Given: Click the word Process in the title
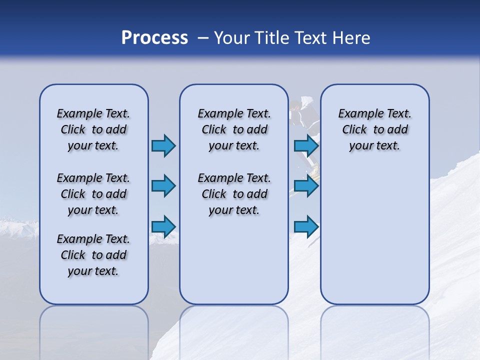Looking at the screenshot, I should pyautogui.click(x=154, y=38).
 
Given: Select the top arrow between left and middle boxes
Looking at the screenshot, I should pyautogui.click(x=163, y=145).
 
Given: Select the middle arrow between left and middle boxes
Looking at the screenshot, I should pyautogui.click(x=163, y=186).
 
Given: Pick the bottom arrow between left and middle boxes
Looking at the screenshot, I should pyautogui.click(x=163, y=227).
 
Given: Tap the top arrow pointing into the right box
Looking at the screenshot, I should pyautogui.click(x=306, y=145).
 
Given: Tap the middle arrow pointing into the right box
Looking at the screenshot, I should pyautogui.click(x=306, y=186).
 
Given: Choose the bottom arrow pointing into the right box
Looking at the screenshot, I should pyautogui.click(x=306, y=227).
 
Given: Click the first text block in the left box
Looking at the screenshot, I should pyautogui.click(x=93, y=129).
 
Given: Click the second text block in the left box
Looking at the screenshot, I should pyautogui.click(x=93, y=194).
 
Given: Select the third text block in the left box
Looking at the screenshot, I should pyautogui.click(x=93, y=255).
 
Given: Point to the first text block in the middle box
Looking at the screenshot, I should pyautogui.click(x=234, y=129).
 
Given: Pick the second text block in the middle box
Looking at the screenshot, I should pyautogui.click(x=234, y=194).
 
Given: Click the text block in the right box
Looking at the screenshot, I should pyautogui.click(x=374, y=129).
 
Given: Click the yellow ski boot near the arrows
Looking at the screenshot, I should pyautogui.click(x=315, y=172).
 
